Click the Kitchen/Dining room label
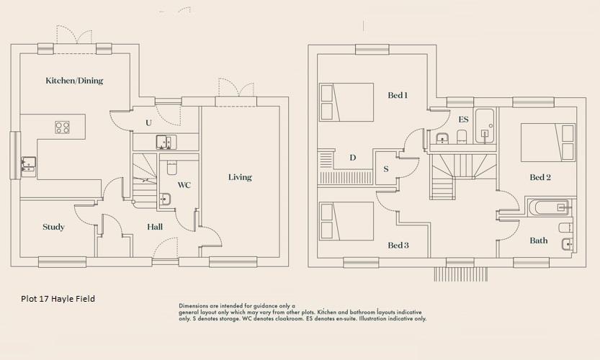point(74,81)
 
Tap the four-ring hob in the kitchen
point(63,127)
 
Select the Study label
point(53,228)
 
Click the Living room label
point(240,177)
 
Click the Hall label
point(155,228)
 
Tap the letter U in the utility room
point(148,123)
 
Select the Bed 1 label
point(398,95)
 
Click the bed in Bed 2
point(548,142)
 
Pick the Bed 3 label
point(398,246)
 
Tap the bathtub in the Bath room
point(550,208)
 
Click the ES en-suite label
point(463,119)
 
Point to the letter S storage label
point(386,169)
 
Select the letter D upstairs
point(352,158)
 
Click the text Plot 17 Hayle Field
point(58,299)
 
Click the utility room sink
point(164,142)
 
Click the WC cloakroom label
point(184,186)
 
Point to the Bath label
point(539,240)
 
